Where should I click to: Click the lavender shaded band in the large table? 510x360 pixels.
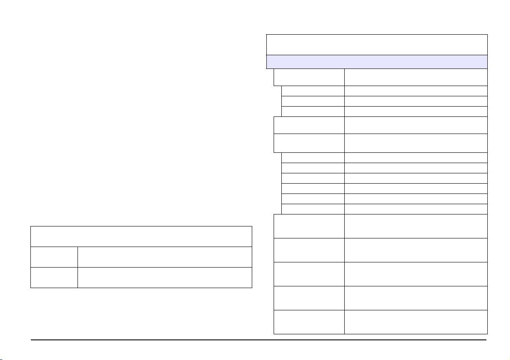click(x=377, y=62)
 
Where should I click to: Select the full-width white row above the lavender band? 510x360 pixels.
click(x=377, y=45)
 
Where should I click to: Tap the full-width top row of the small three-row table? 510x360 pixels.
click(x=141, y=236)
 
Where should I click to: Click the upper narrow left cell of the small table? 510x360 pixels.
click(x=54, y=257)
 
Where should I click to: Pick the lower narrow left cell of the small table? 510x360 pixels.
click(x=54, y=277)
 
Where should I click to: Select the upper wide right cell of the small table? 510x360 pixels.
click(x=165, y=257)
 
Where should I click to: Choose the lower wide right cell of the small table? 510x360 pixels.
click(x=165, y=277)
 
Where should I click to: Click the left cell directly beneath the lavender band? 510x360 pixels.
click(x=309, y=77)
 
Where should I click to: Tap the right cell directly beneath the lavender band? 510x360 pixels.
click(x=416, y=77)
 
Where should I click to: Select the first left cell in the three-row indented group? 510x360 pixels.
click(x=313, y=91)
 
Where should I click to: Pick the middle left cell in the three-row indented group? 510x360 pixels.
click(x=313, y=101)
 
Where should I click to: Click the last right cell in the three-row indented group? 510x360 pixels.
click(x=416, y=111)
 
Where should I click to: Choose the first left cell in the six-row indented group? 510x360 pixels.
click(x=313, y=158)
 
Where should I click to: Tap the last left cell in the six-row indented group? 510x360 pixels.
click(x=313, y=209)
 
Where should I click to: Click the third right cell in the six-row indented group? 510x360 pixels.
click(x=416, y=178)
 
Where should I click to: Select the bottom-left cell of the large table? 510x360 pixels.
click(x=309, y=322)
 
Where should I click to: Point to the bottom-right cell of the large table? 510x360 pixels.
click(x=416, y=322)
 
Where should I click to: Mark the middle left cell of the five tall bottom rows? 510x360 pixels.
click(x=309, y=274)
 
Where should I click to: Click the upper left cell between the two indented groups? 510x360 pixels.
click(x=309, y=125)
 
